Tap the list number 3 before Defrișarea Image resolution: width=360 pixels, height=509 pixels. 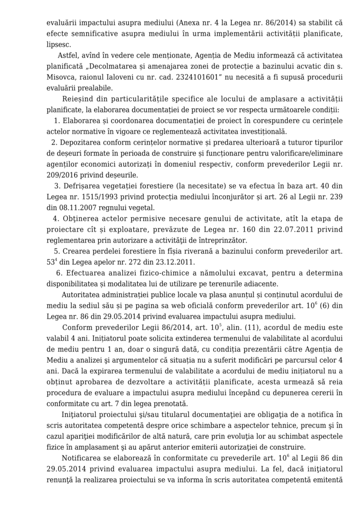point(57,186)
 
